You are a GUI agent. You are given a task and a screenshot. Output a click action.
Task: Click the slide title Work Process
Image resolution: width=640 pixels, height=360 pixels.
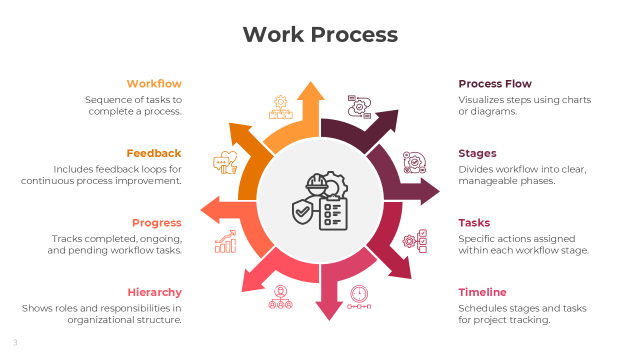click(x=320, y=34)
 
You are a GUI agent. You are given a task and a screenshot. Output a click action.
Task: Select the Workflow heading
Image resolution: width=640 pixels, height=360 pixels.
click(x=154, y=84)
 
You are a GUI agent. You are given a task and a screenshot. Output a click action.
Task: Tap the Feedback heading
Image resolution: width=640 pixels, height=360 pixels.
click(x=154, y=153)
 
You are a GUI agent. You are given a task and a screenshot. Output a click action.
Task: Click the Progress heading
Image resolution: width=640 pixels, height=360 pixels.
click(x=156, y=223)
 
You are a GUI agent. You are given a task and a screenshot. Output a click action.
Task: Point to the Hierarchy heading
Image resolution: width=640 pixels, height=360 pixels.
click(x=154, y=292)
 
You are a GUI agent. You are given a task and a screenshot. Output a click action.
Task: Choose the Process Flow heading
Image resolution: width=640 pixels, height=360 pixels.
click(x=495, y=84)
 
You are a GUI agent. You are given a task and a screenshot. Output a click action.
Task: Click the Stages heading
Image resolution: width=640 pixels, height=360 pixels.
click(x=477, y=153)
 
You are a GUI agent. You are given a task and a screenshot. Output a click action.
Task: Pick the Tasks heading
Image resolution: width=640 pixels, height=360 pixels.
click(x=474, y=223)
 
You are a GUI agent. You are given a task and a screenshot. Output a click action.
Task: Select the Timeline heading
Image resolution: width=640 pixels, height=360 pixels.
click(x=482, y=292)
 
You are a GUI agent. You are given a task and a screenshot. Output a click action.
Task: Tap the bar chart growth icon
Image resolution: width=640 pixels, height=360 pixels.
click(x=225, y=241)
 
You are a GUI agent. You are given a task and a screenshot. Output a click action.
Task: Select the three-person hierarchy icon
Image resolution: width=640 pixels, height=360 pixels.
click(x=280, y=297)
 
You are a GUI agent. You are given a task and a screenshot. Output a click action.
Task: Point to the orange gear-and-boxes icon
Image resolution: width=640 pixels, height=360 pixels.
click(x=280, y=107)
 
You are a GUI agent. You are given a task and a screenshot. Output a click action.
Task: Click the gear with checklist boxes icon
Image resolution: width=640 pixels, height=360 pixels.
click(x=415, y=241)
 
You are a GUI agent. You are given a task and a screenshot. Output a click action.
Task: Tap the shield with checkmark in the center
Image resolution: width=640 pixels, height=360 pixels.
click(x=302, y=212)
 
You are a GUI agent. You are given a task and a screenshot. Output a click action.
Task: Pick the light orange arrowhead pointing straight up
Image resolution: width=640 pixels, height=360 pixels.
click(x=310, y=91)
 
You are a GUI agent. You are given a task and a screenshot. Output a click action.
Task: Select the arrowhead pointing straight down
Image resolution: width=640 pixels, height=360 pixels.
click(x=329, y=310)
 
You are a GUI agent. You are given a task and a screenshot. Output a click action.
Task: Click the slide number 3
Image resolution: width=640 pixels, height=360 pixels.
click(x=15, y=342)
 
